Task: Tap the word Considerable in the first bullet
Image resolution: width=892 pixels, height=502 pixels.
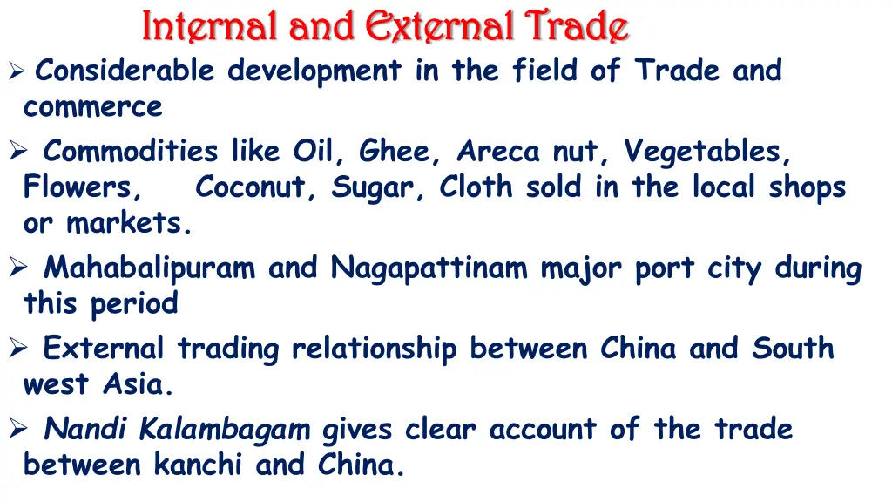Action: click(x=125, y=71)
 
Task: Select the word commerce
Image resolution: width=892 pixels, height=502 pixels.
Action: click(x=93, y=107)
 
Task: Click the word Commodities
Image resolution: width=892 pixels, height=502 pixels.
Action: click(x=131, y=152)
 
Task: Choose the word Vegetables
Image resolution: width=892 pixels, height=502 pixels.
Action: click(x=706, y=152)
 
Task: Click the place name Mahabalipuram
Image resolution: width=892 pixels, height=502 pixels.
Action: click(x=149, y=268)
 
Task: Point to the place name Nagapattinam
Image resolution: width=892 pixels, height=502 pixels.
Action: click(x=429, y=268)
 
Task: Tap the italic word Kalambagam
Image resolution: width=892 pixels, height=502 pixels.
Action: click(x=225, y=429)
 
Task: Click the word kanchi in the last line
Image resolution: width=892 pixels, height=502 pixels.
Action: click(x=198, y=465)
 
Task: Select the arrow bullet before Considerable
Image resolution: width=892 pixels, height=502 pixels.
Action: click(x=15, y=71)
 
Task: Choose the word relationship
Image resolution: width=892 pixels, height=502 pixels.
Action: click(x=374, y=349)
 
